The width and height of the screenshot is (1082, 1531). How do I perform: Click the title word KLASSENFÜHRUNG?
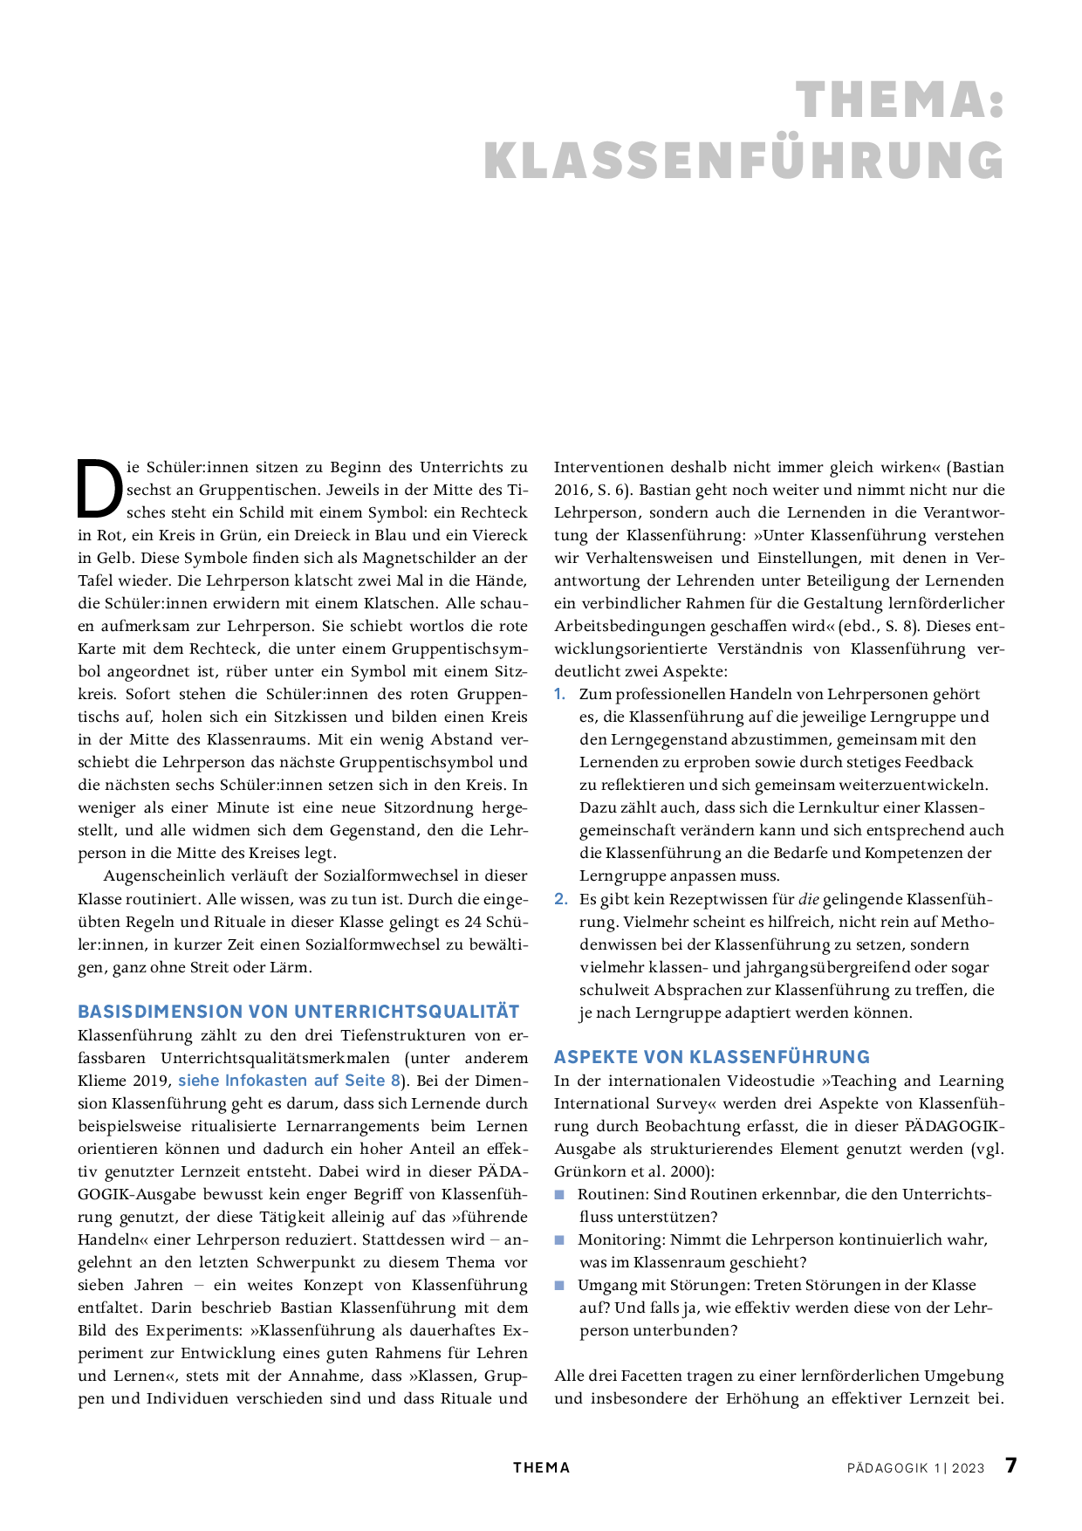tap(743, 161)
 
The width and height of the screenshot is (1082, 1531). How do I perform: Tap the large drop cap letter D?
tap(99, 490)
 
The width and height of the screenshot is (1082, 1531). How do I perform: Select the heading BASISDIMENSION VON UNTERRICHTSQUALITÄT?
tap(298, 1012)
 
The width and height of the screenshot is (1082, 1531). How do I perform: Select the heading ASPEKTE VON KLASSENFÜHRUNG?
tap(712, 1057)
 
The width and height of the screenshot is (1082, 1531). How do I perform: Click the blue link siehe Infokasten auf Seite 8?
tap(289, 1081)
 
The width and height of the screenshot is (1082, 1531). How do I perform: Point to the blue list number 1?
tap(560, 695)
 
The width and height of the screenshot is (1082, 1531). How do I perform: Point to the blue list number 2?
tap(561, 899)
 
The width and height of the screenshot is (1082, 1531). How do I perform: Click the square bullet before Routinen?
tap(560, 1194)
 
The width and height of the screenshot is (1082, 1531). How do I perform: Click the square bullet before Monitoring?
tap(560, 1239)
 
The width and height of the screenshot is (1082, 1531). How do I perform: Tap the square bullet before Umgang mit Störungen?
tap(560, 1285)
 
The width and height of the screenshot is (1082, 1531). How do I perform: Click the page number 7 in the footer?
tap(1010, 1466)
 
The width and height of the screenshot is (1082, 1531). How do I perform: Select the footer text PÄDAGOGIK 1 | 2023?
tap(915, 1468)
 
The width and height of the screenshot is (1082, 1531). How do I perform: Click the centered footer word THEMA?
tap(541, 1468)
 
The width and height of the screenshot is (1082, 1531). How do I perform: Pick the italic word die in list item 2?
tap(808, 899)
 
